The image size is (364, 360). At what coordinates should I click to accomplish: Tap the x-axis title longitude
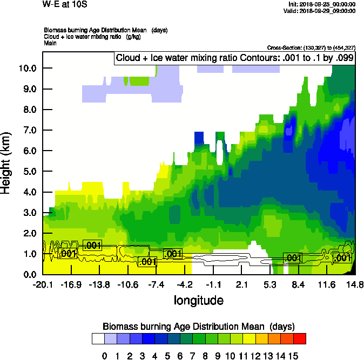click(x=198, y=300)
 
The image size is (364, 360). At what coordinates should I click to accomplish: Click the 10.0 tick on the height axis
click(x=26, y=68)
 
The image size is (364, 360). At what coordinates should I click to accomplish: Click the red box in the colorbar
click(x=300, y=339)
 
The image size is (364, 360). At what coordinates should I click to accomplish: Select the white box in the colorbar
click(x=98, y=339)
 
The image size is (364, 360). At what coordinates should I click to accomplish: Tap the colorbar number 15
click(x=293, y=356)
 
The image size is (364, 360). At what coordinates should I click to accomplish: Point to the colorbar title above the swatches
click(x=198, y=326)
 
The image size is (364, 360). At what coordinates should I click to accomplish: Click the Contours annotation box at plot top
click(x=235, y=58)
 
